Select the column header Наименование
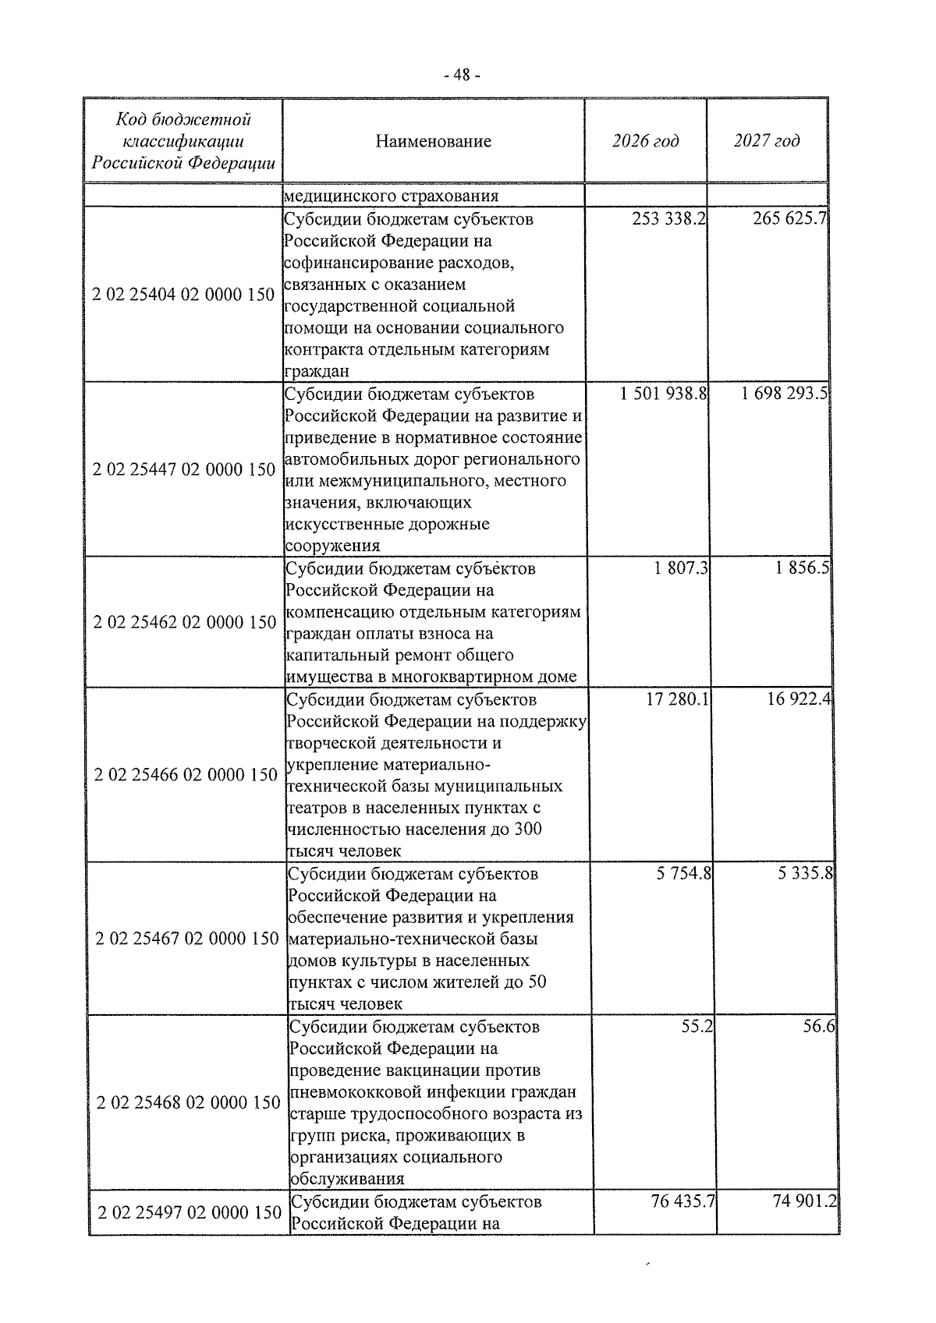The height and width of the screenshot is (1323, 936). [433, 141]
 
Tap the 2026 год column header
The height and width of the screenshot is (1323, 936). [645, 141]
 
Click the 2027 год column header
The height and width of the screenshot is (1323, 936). [767, 141]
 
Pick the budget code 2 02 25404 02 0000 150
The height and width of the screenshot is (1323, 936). [183, 295]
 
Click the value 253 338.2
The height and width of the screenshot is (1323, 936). [669, 219]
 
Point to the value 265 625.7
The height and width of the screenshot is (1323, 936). [789, 219]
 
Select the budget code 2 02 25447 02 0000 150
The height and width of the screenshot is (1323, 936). [183, 469]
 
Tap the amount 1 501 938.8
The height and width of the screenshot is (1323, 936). [664, 394]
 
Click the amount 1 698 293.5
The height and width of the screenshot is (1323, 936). [785, 394]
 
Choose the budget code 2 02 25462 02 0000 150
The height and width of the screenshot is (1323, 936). [185, 622]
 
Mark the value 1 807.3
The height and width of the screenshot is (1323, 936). [682, 568]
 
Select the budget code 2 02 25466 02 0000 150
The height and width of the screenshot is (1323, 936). [186, 775]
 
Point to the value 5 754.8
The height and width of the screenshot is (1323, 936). [684, 874]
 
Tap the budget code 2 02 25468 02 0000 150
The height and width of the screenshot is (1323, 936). [188, 1102]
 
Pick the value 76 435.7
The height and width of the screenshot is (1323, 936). [683, 1201]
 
